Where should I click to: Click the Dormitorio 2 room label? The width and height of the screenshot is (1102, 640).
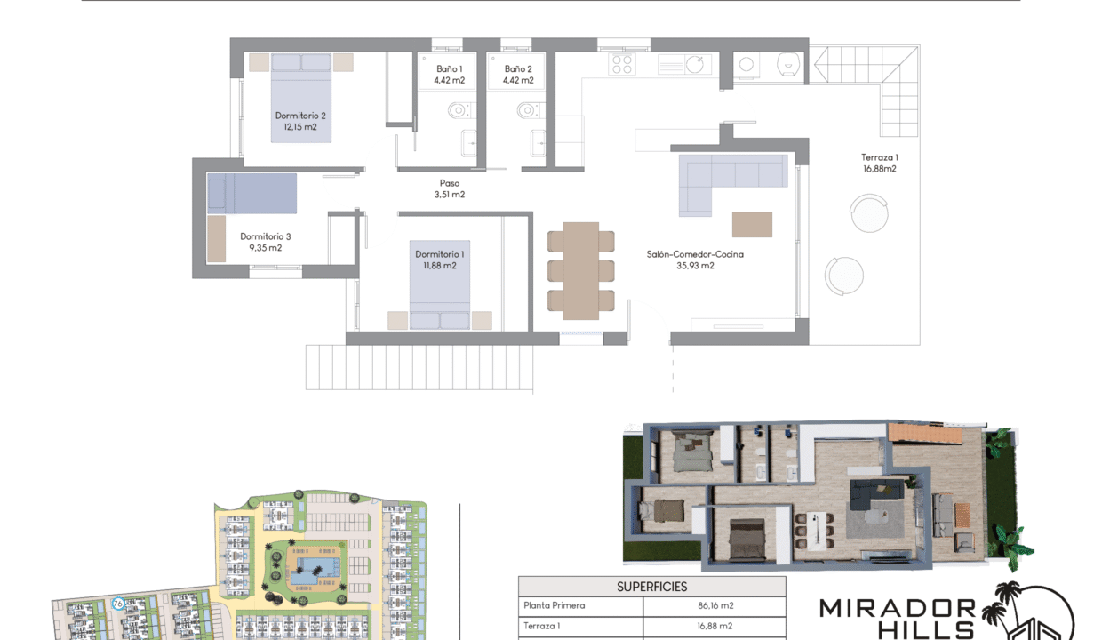tap(300, 121)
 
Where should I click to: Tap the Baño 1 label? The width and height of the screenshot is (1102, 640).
tap(449, 74)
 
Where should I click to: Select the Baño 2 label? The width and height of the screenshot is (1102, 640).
tap(518, 74)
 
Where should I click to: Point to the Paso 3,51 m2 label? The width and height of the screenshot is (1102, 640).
tap(450, 188)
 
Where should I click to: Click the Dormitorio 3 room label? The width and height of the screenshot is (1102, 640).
tap(265, 242)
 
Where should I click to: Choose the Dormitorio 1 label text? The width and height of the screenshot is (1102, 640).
tap(439, 260)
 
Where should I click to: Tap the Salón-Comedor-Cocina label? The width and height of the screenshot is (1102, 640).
tap(695, 260)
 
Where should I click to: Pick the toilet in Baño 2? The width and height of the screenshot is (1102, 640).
tap(528, 111)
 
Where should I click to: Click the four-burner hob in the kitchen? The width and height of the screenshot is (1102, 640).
tap(622, 64)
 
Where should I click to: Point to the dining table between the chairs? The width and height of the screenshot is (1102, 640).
tap(581, 269)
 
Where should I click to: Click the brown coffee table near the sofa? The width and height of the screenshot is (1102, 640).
tap(752, 224)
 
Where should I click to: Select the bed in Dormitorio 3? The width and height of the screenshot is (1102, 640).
tap(252, 193)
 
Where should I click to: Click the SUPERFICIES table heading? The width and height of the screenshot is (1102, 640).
tap(651, 587)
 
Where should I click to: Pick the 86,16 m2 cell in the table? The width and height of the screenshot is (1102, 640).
tap(715, 606)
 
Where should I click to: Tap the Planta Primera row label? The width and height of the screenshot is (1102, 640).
tap(555, 606)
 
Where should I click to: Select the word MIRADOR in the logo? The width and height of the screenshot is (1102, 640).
tap(897, 609)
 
